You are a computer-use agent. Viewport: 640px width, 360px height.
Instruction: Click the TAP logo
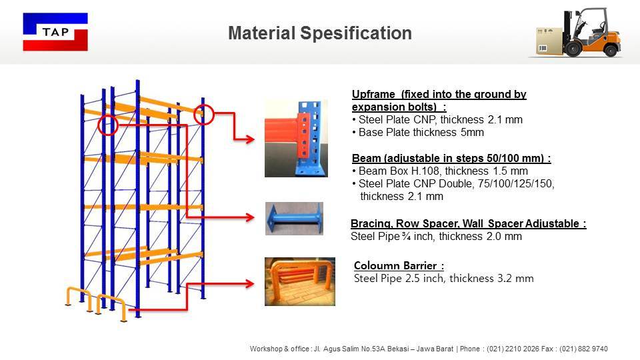pyautogui.click(x=55, y=32)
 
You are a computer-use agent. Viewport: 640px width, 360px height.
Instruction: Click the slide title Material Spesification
pyautogui.click(x=319, y=33)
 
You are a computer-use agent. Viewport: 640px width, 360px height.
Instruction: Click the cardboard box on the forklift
pyautogui.click(x=550, y=40)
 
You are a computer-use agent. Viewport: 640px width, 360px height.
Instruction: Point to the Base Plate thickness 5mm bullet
pyautogui.click(x=421, y=133)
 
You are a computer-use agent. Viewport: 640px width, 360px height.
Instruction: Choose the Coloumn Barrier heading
pyautogui.click(x=399, y=266)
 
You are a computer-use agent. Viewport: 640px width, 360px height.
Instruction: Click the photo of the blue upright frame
pyautogui.click(x=296, y=138)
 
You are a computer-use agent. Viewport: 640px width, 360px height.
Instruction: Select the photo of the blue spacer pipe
pyautogui.click(x=294, y=219)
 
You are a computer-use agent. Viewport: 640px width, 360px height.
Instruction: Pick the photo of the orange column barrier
pyautogui.click(x=299, y=281)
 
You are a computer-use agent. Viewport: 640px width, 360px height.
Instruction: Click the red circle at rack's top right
pyautogui.click(x=203, y=115)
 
